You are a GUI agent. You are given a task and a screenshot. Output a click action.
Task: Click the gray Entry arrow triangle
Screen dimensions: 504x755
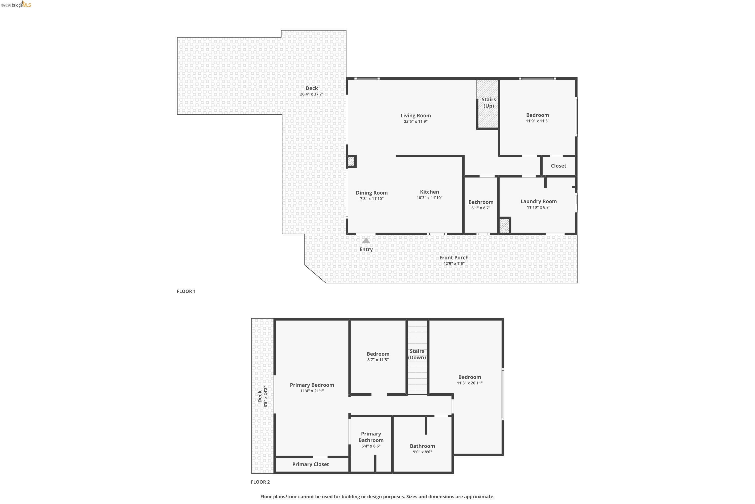[366, 241]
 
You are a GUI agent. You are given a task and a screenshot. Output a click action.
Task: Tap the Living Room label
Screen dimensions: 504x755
[416, 115]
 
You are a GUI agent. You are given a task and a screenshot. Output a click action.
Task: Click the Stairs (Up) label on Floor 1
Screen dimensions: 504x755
[488, 103]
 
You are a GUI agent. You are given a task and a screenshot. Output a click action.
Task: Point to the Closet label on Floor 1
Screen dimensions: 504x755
[558, 166]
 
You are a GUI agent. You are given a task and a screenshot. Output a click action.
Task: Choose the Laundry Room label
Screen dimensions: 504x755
[538, 201]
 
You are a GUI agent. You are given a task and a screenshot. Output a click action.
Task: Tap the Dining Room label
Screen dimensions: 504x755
[371, 193]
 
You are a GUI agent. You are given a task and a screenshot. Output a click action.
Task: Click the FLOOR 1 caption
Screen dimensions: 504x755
[186, 291]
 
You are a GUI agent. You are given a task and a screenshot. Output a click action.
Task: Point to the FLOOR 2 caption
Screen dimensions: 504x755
[260, 482]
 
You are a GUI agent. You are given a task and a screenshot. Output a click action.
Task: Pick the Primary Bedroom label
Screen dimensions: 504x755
[312, 385]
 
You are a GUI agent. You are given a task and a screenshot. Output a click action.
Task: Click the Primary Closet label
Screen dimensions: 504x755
[310, 464]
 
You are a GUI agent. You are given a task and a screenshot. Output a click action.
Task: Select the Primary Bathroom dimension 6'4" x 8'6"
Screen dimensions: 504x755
[371, 446]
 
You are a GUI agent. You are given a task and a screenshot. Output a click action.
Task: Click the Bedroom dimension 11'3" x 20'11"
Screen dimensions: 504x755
[469, 383]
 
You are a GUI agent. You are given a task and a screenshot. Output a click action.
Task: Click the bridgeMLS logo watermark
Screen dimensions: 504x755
[16, 5]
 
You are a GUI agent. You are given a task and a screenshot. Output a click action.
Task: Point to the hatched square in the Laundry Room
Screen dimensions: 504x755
[504, 226]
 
